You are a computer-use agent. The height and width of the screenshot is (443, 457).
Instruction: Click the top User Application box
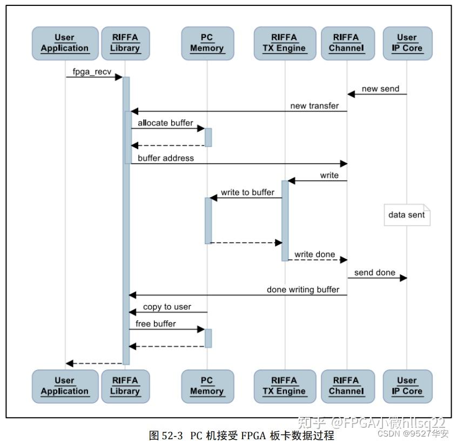pos(65,43)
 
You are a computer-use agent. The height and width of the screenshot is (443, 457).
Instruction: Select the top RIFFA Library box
pos(125,43)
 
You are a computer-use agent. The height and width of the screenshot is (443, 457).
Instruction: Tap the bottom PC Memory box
pos(207,386)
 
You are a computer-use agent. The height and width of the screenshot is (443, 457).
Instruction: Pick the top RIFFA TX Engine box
pos(284,43)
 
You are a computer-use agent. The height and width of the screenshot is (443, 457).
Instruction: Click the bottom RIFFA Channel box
pos(346,386)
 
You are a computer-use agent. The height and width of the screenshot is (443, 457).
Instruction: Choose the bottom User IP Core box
pos(407,386)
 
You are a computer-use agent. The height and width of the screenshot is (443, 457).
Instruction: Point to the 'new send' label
pos(380,89)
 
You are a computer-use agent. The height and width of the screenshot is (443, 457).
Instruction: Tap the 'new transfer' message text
pos(314,106)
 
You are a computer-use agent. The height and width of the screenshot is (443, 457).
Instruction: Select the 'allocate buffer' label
pos(165,123)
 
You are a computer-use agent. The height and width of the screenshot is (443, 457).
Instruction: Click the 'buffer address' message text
pos(166,158)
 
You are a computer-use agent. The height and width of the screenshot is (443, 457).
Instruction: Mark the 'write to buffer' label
pos(247,192)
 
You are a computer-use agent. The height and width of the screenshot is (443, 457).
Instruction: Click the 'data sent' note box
pos(407,215)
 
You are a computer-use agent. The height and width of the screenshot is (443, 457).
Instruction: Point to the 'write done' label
pos(314,254)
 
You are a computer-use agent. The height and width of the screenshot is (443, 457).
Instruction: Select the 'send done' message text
pos(375,272)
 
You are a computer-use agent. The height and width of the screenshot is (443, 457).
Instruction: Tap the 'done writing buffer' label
pos(303,290)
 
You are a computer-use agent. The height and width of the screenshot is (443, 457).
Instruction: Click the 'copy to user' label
pos(167,307)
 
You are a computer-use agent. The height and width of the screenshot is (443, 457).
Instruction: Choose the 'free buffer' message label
pos(156,324)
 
